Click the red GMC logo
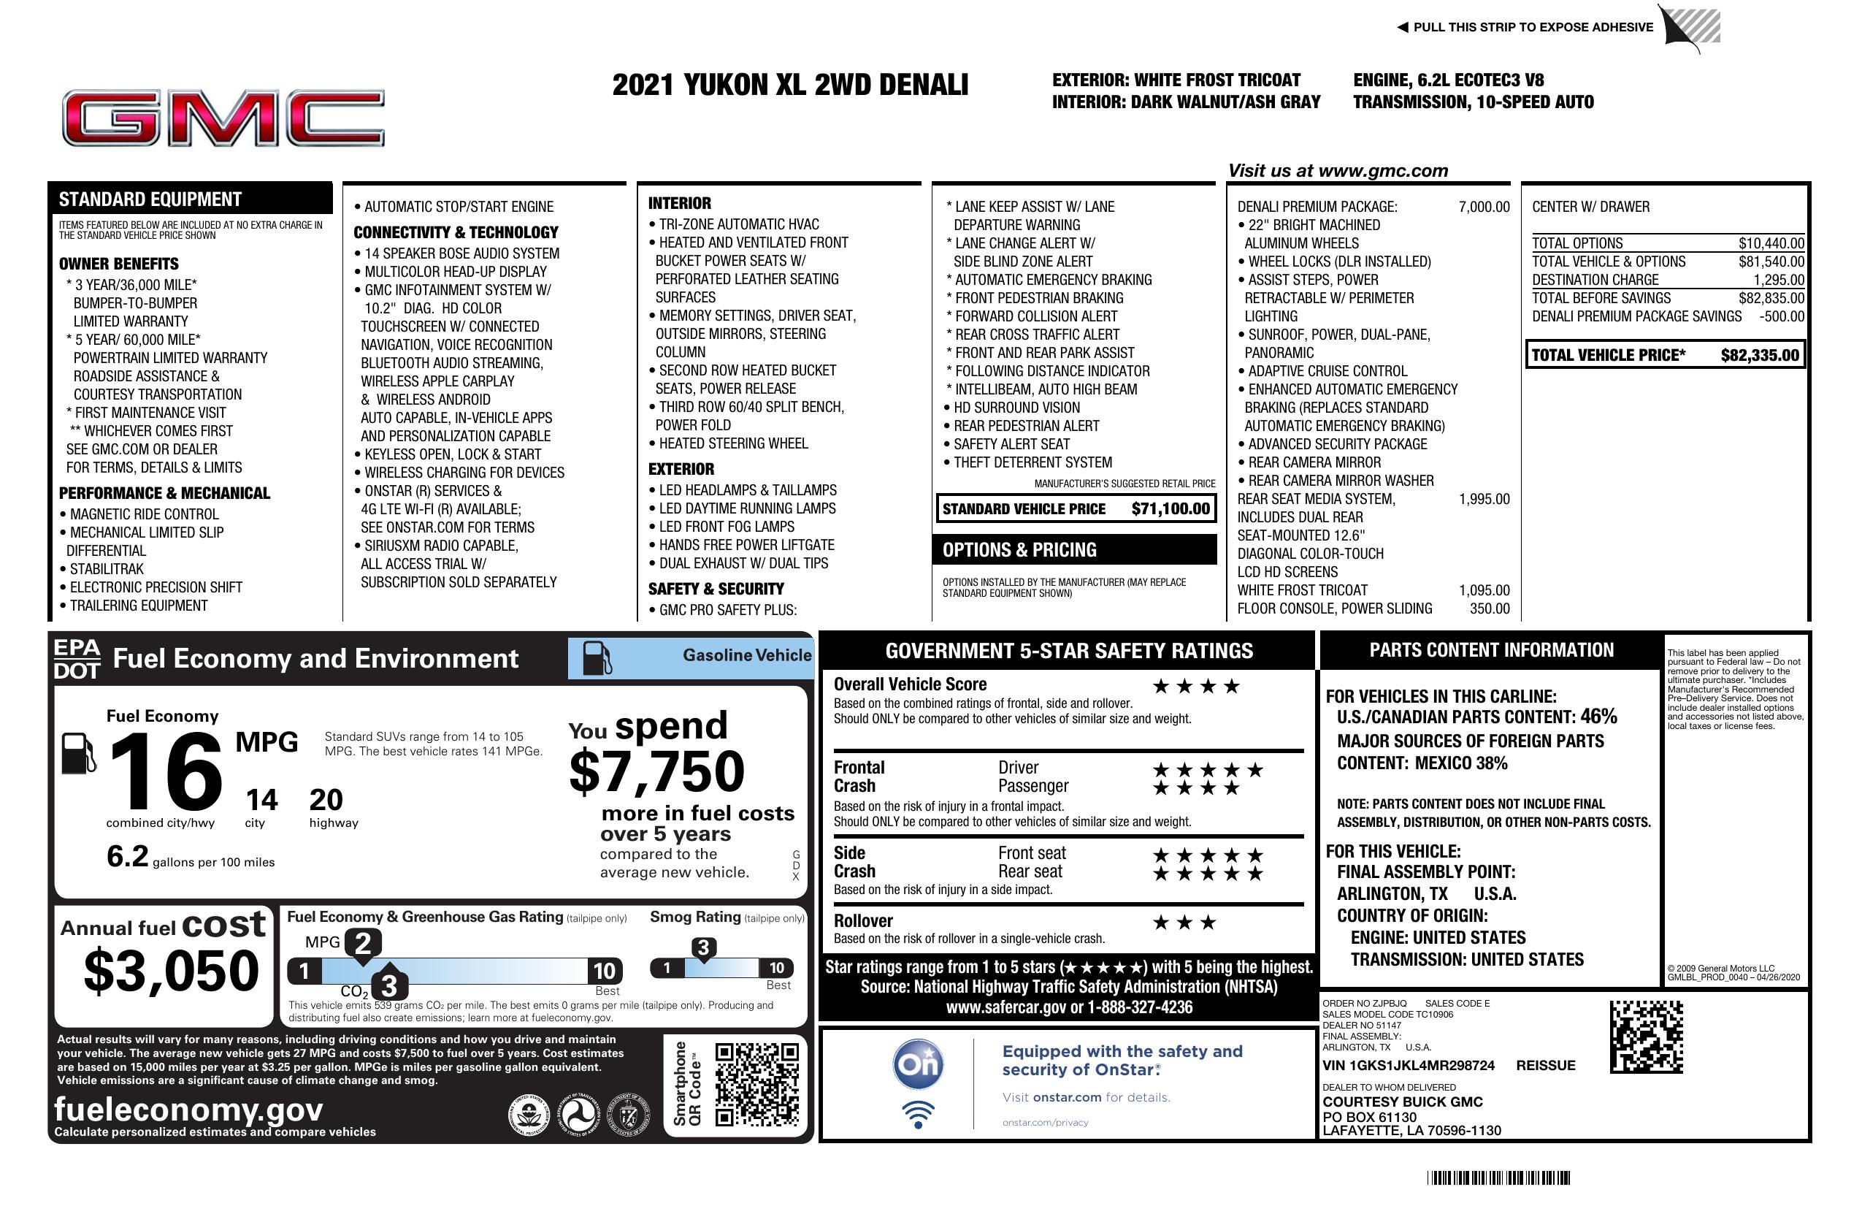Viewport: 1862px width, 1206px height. point(223,119)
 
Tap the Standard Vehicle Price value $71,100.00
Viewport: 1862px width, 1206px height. point(1171,508)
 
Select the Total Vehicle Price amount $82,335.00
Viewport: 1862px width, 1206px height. point(1760,355)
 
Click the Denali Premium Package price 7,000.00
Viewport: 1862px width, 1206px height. point(1483,207)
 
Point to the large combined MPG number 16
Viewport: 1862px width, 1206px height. point(166,771)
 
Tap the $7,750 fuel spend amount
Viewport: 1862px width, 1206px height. point(656,771)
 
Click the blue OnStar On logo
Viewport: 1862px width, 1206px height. point(919,1064)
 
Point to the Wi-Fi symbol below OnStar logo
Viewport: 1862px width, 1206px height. point(919,1114)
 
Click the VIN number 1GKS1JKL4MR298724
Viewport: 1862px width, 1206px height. point(1409,1065)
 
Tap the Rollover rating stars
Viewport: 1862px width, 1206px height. point(1184,923)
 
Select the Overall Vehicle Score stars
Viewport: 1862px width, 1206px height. point(1196,687)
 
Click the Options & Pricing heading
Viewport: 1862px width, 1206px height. point(1019,550)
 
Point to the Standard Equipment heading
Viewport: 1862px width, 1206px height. point(150,199)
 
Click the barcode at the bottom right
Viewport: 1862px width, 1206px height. point(1498,1178)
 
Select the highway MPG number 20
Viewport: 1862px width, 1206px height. point(326,800)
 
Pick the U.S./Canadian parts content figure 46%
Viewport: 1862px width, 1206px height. point(1598,716)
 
